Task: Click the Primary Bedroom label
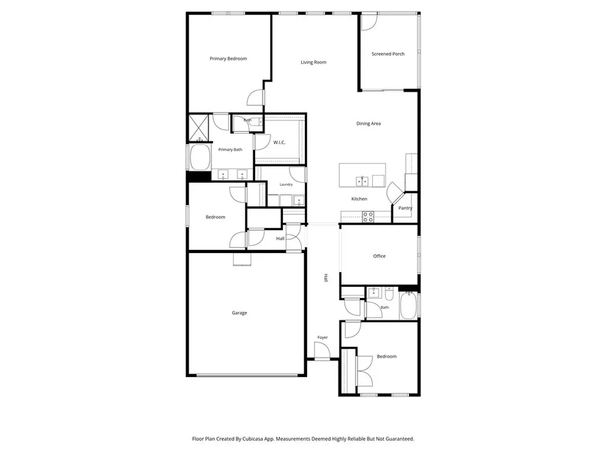tap(228, 59)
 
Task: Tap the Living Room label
tap(313, 62)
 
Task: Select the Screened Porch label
tap(388, 54)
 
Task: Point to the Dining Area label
tap(368, 123)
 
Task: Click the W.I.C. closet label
tap(279, 142)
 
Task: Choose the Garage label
tap(239, 313)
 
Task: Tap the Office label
tap(379, 256)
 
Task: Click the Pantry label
tap(405, 208)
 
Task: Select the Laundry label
tap(286, 185)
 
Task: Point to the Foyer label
tap(322, 337)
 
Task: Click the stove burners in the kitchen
tap(368, 217)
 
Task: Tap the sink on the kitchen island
tap(362, 181)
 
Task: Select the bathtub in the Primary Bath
tap(199, 157)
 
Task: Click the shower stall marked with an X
tap(199, 127)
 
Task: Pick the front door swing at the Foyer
tap(322, 350)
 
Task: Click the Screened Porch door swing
tap(369, 22)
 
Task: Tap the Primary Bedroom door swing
tap(256, 97)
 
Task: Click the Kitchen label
tap(359, 199)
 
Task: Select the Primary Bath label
tap(230, 150)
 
